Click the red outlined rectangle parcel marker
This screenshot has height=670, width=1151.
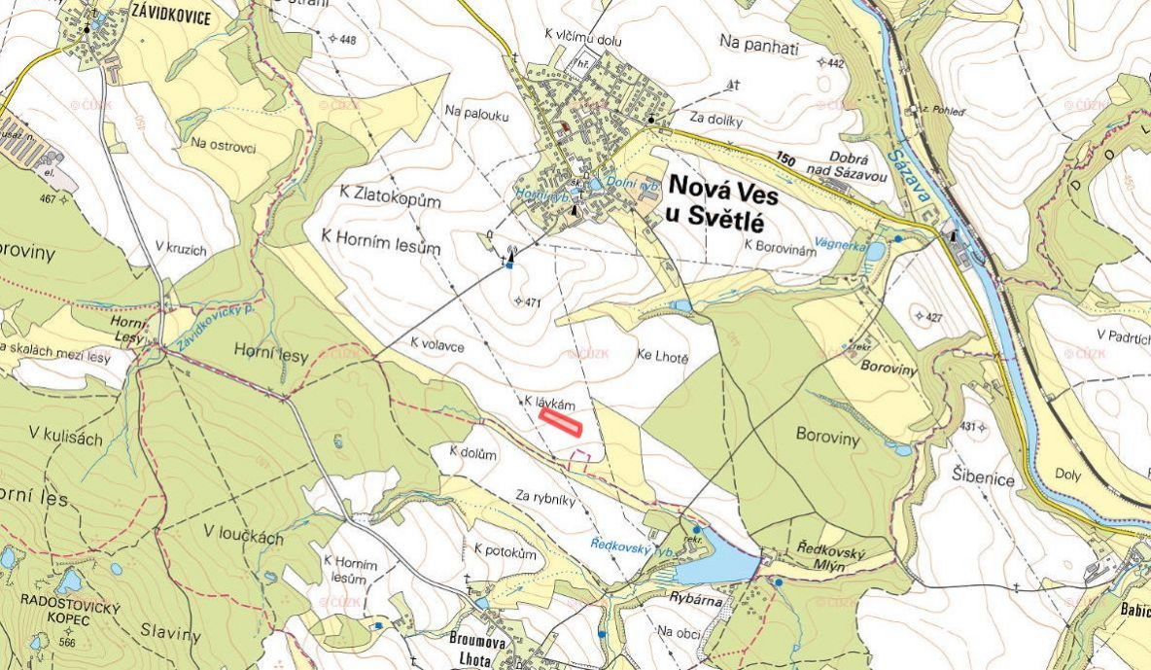560,421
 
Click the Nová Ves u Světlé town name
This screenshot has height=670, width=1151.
722,205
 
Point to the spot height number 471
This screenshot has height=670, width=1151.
531,303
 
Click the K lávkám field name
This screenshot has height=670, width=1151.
550,402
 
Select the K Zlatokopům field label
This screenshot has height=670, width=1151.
392,200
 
